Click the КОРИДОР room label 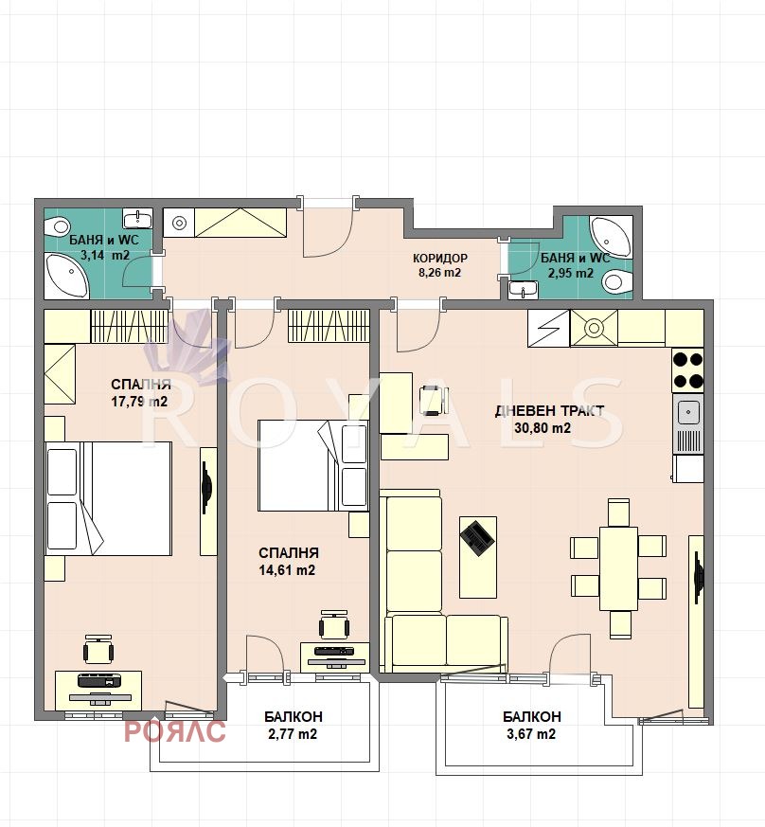[x=439, y=258]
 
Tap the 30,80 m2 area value [x=543, y=428]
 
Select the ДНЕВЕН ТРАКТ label [x=549, y=411]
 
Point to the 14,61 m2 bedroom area [x=287, y=570]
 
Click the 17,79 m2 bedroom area [x=139, y=402]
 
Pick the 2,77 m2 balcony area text [x=293, y=733]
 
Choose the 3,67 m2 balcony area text [x=531, y=733]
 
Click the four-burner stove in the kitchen [x=688, y=370]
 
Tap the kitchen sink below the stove [x=688, y=412]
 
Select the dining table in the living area [x=618, y=568]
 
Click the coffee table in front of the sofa [x=478, y=557]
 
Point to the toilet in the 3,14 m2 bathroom [x=57, y=227]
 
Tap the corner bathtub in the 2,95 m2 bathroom [x=611, y=237]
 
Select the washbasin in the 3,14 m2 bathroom [x=138, y=218]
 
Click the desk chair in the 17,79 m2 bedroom [x=98, y=649]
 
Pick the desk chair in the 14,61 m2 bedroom [x=333, y=624]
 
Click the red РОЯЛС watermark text [x=175, y=731]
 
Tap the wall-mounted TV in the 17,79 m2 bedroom [x=205, y=486]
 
